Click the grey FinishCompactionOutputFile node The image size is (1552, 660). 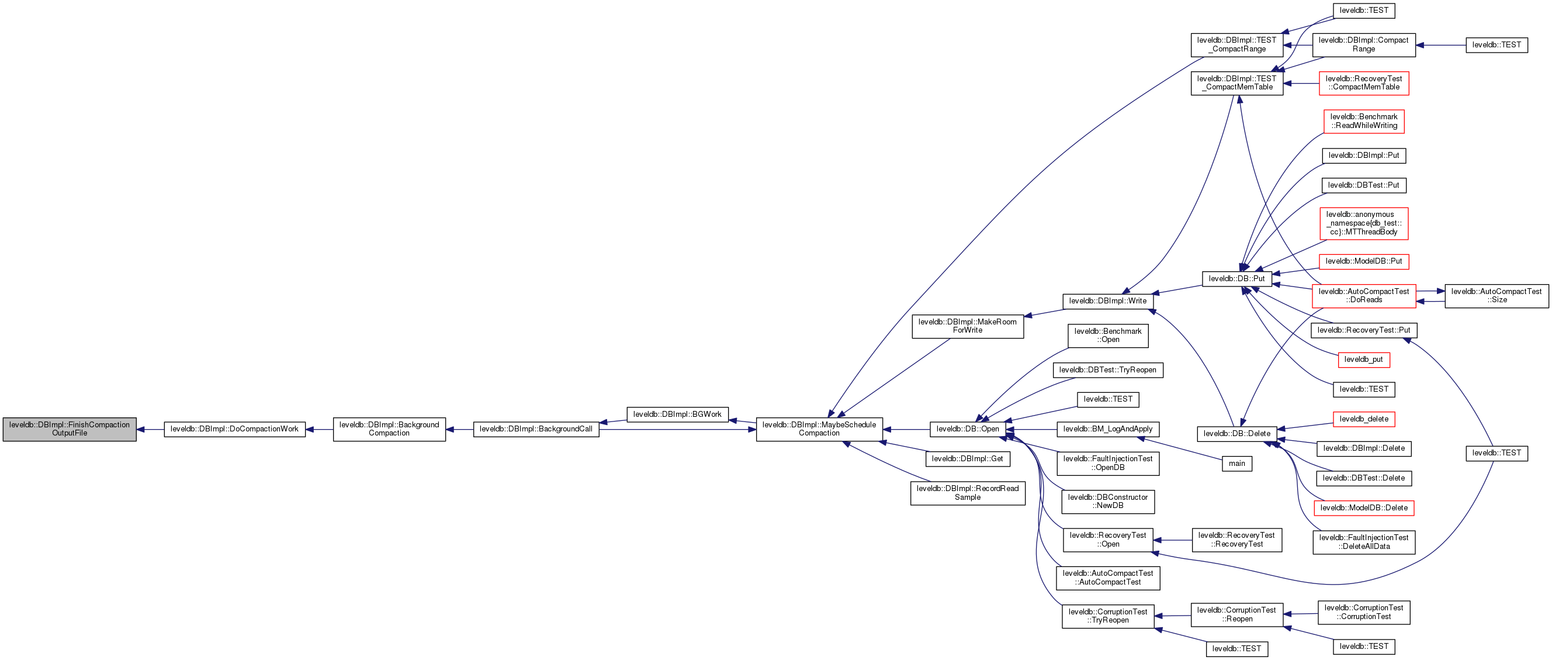70,429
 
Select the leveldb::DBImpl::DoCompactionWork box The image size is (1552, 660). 234,429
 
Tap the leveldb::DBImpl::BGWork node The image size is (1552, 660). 677,414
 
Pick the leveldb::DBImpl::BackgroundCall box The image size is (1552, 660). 536,429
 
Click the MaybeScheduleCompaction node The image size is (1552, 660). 819,429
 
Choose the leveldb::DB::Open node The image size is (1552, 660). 968,429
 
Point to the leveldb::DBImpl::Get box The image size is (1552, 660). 967,459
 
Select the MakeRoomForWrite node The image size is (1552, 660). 967,326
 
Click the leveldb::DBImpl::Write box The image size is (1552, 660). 1107,300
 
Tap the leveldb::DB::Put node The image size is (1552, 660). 1236,278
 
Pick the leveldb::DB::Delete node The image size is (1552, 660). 1236,433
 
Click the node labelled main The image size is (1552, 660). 1236,464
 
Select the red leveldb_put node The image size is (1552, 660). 1363,360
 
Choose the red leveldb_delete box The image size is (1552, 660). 1363,419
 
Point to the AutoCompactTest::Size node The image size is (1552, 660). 1496,296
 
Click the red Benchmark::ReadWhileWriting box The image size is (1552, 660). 1363,121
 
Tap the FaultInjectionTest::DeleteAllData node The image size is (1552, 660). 1363,542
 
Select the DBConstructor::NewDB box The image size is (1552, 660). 1107,502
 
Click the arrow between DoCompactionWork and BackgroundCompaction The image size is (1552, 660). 319,429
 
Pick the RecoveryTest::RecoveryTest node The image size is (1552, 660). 1236,540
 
